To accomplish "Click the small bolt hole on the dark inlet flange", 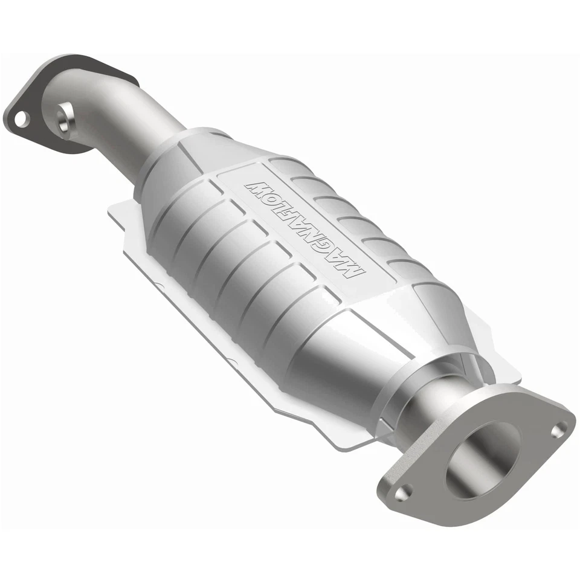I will (21, 118).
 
